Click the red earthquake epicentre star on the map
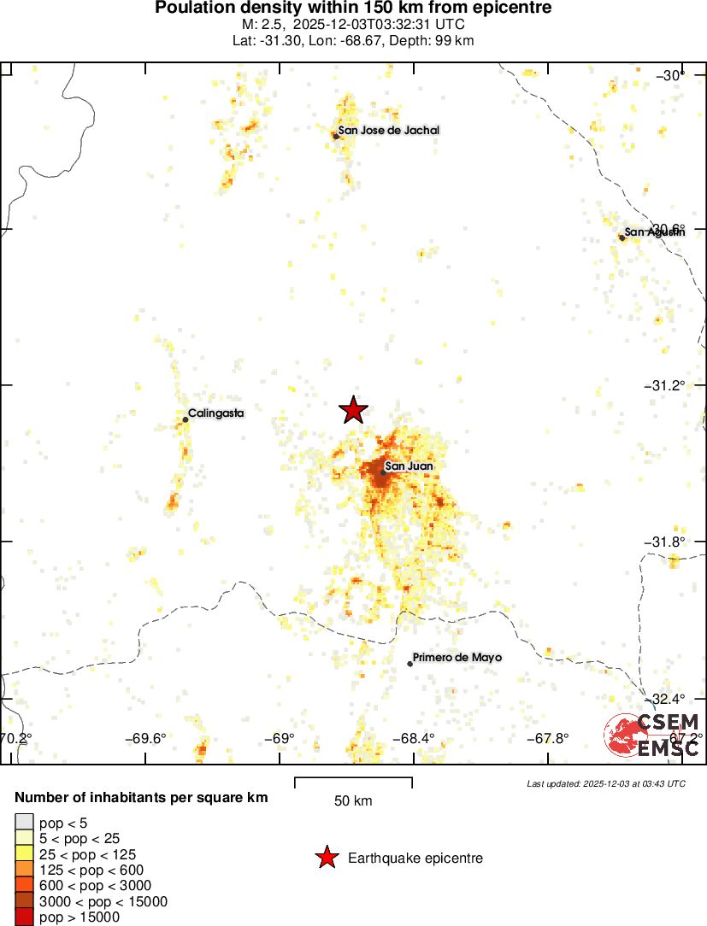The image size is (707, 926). (353, 410)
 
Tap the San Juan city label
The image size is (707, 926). (409, 466)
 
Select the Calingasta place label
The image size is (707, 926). (215, 413)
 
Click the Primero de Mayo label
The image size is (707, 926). (457, 658)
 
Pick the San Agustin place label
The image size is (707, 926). (655, 231)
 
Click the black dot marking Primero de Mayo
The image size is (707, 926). (410, 664)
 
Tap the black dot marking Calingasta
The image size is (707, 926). (186, 419)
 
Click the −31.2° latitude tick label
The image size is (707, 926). (668, 385)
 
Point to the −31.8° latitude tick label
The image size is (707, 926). (668, 542)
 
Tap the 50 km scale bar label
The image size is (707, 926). (353, 801)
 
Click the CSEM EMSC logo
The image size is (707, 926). (653, 735)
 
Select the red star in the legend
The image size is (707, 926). (326, 858)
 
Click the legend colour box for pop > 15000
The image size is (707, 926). (23, 917)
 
